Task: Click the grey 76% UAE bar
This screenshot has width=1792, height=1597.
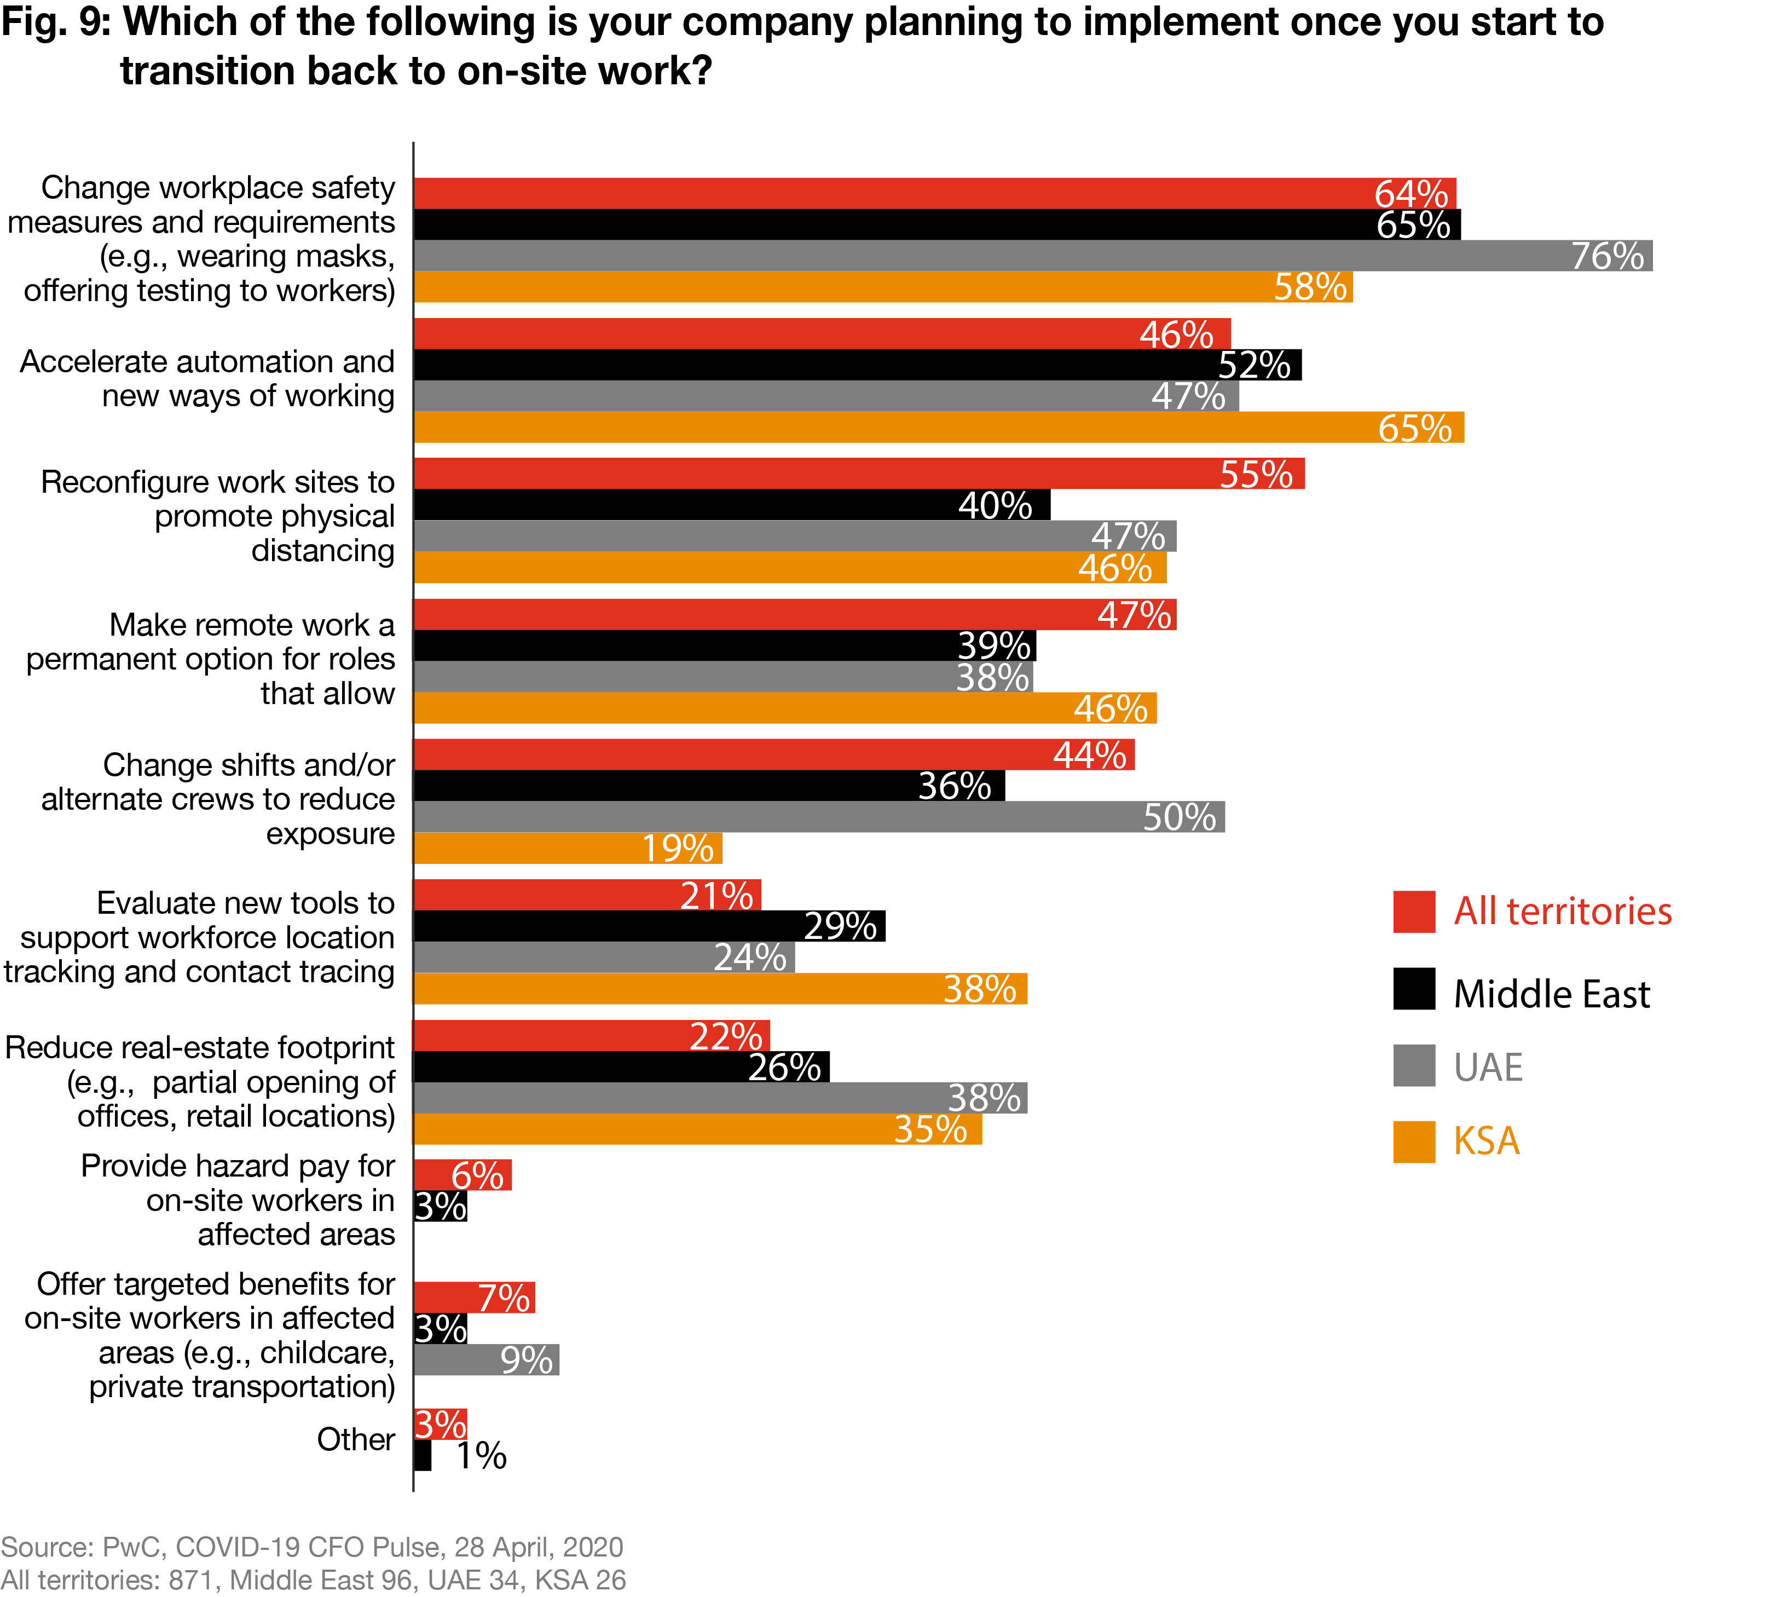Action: pyautogui.click(x=1032, y=255)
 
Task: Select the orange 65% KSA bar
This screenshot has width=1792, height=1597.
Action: pyautogui.click(x=939, y=428)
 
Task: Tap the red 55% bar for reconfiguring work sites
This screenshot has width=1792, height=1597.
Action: pyautogui.click(x=859, y=474)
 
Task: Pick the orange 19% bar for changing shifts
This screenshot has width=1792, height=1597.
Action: pyautogui.click(x=568, y=849)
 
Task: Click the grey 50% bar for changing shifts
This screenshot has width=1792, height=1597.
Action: pyautogui.click(x=818, y=817)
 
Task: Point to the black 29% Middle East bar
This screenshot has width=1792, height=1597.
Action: pyautogui.click(x=649, y=926)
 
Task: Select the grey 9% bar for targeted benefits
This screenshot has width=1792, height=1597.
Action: pyautogui.click(x=486, y=1360)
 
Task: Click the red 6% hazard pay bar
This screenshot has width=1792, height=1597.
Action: pyautogui.click(x=463, y=1175)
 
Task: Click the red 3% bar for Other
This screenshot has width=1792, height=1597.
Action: pyautogui.click(x=440, y=1424)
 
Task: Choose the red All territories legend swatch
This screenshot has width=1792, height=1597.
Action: pyautogui.click(x=1414, y=912)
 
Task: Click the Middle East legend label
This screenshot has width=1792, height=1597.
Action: pyautogui.click(x=1551, y=994)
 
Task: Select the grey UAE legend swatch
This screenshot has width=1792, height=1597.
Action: pyautogui.click(x=1414, y=1065)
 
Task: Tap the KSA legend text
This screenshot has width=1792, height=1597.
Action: pyautogui.click(x=1486, y=1141)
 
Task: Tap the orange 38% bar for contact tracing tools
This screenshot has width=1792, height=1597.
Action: pyautogui.click(x=719, y=989)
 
